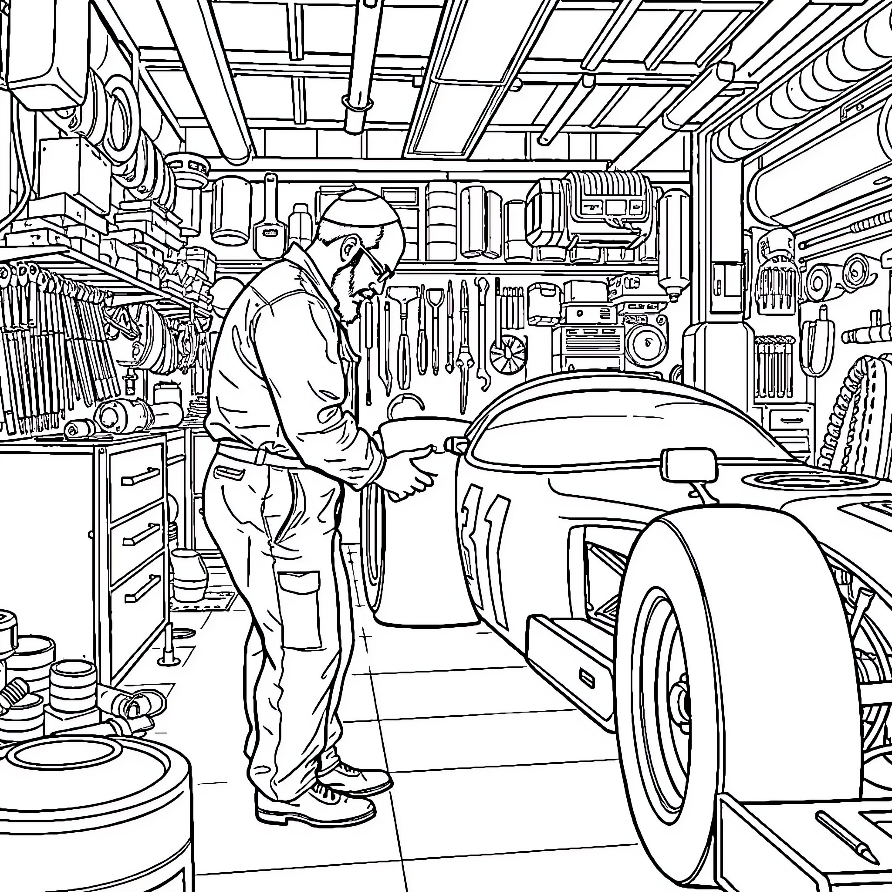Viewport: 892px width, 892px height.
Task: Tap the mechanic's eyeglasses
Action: tap(372, 261)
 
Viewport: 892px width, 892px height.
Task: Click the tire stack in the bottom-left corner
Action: tap(92, 813)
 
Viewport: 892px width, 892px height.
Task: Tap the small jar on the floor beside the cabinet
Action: tap(189, 575)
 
